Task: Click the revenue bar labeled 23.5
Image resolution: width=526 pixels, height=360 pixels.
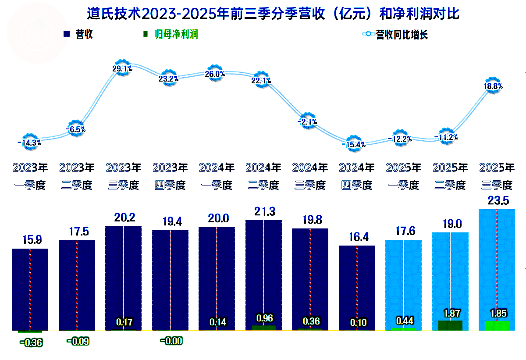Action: (x=497, y=263)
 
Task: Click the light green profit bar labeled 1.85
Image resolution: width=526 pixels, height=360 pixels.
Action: (x=497, y=325)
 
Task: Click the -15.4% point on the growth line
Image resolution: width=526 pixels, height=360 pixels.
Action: (x=355, y=144)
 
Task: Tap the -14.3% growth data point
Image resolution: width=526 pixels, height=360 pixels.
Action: (x=30, y=142)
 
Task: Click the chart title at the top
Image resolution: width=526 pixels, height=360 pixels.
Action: (x=273, y=14)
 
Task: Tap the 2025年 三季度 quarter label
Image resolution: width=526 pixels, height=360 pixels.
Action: (x=497, y=176)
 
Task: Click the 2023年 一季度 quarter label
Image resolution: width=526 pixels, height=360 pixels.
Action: (x=30, y=176)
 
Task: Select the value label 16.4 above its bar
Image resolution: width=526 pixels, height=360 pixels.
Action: (x=357, y=237)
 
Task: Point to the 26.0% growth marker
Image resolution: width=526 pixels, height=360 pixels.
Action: (x=215, y=74)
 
